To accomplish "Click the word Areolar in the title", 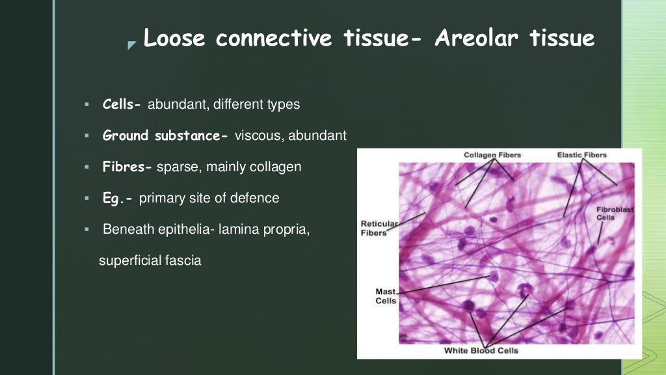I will click(x=476, y=38).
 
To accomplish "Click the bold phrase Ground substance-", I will click(x=165, y=135).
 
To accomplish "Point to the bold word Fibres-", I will click(x=127, y=167).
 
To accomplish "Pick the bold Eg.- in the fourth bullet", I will click(x=118, y=198).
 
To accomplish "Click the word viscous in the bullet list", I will click(x=258, y=135).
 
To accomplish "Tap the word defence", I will click(x=258, y=198).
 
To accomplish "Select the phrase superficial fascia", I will click(x=150, y=260).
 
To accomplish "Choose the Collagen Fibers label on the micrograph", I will click(x=492, y=155).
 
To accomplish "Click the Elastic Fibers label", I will click(x=581, y=155).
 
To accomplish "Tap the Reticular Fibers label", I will click(x=379, y=229).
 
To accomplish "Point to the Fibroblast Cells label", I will click(x=615, y=214).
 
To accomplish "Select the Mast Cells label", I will click(x=386, y=296).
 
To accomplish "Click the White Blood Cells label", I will click(x=482, y=351).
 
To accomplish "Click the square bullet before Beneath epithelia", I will click(x=85, y=230).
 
